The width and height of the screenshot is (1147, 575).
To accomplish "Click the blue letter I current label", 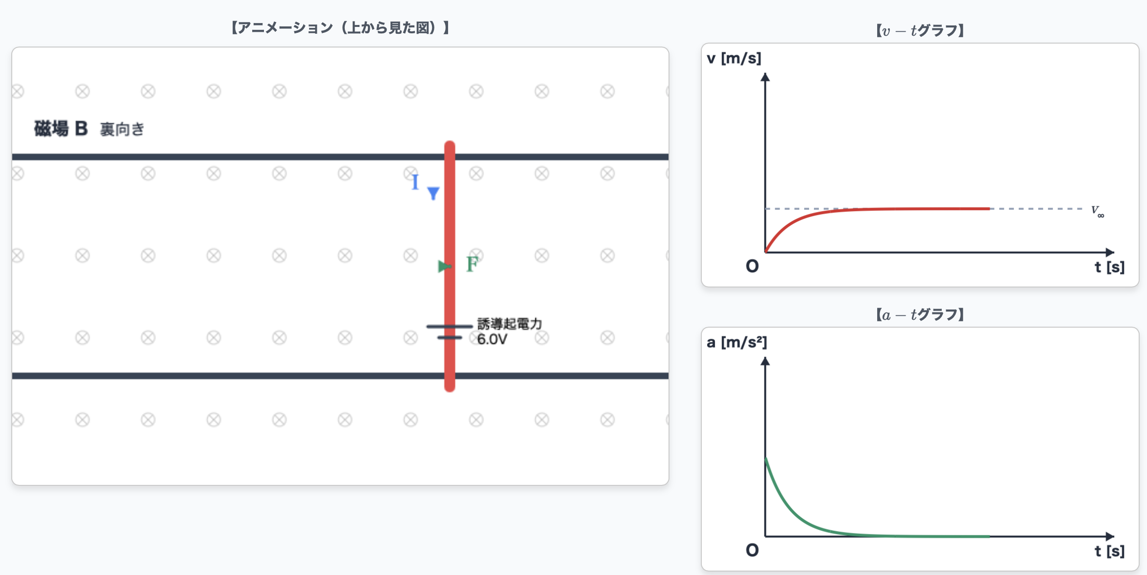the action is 415,182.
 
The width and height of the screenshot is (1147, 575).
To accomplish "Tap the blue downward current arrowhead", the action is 433,193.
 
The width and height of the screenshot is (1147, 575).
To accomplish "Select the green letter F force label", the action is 472,264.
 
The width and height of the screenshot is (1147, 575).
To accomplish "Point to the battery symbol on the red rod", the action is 449,332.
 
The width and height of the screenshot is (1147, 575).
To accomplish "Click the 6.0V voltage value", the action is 492,339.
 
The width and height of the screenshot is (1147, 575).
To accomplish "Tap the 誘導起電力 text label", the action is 510,324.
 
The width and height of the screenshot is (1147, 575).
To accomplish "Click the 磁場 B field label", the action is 61,129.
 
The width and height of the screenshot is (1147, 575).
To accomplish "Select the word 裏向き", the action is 122,129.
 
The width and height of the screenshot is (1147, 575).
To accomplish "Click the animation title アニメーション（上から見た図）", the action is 340,28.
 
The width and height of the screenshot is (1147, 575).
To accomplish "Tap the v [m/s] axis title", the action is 734,58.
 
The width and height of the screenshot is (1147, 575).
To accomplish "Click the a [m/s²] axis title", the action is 737,342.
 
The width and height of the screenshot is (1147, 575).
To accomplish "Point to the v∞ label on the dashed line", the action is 1098,211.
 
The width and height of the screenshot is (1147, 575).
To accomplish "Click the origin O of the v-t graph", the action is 752,266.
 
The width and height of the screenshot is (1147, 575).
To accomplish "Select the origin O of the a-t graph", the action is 752,551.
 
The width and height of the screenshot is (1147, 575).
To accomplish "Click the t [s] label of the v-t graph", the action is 1109,267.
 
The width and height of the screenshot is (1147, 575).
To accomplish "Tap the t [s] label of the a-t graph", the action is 1109,551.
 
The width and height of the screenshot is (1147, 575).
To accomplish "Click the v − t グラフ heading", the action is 920,31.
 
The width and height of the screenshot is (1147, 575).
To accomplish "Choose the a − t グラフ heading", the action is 920,314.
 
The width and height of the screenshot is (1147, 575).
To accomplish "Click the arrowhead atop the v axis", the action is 765,77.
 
